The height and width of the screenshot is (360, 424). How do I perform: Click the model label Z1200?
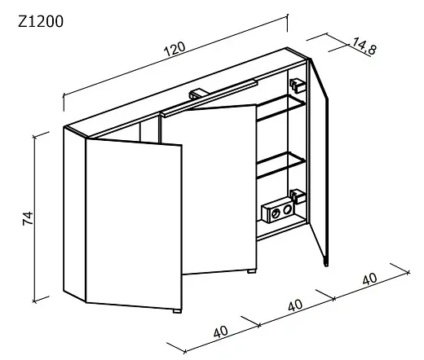point(41,22)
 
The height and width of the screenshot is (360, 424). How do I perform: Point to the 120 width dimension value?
point(175,49)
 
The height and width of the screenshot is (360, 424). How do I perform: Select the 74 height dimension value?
point(28,218)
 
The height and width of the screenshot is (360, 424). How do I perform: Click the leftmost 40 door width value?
point(221,331)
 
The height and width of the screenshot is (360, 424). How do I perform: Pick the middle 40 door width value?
point(295,305)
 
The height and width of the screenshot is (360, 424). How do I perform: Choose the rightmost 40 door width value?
point(369,279)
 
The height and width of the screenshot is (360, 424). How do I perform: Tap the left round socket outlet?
point(276,214)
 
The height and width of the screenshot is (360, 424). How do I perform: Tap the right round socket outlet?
point(286,209)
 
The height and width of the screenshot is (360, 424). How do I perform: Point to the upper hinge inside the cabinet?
point(298,86)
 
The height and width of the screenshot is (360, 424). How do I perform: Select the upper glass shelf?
point(281,108)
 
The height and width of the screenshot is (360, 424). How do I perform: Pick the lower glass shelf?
point(281,165)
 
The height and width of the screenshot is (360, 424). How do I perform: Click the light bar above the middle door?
point(209,99)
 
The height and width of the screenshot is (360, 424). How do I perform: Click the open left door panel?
point(134,224)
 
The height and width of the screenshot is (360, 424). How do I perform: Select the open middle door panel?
point(219,189)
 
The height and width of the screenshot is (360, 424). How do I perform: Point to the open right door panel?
point(319,160)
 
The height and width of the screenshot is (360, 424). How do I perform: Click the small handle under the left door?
point(177,311)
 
